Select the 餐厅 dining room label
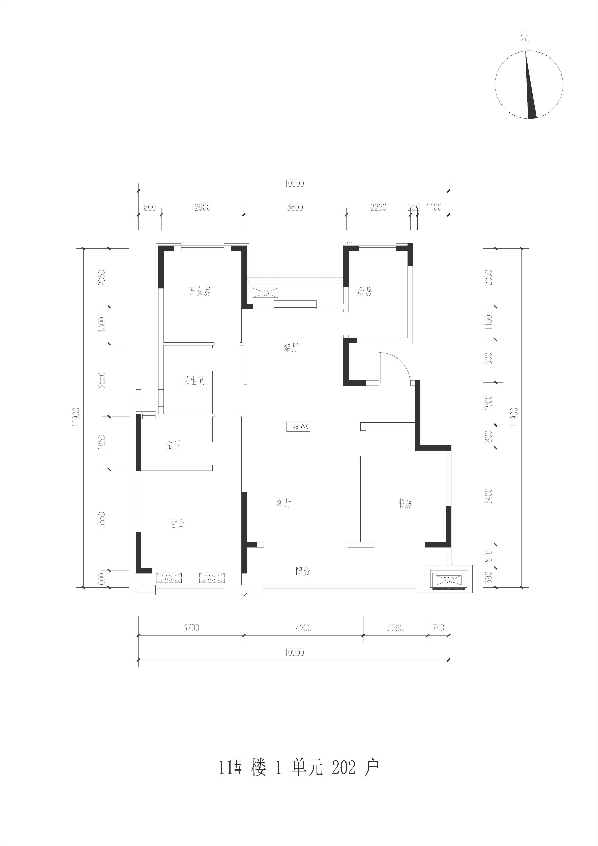click(291, 348)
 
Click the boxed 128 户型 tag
click(298, 427)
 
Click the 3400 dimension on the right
click(488, 496)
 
